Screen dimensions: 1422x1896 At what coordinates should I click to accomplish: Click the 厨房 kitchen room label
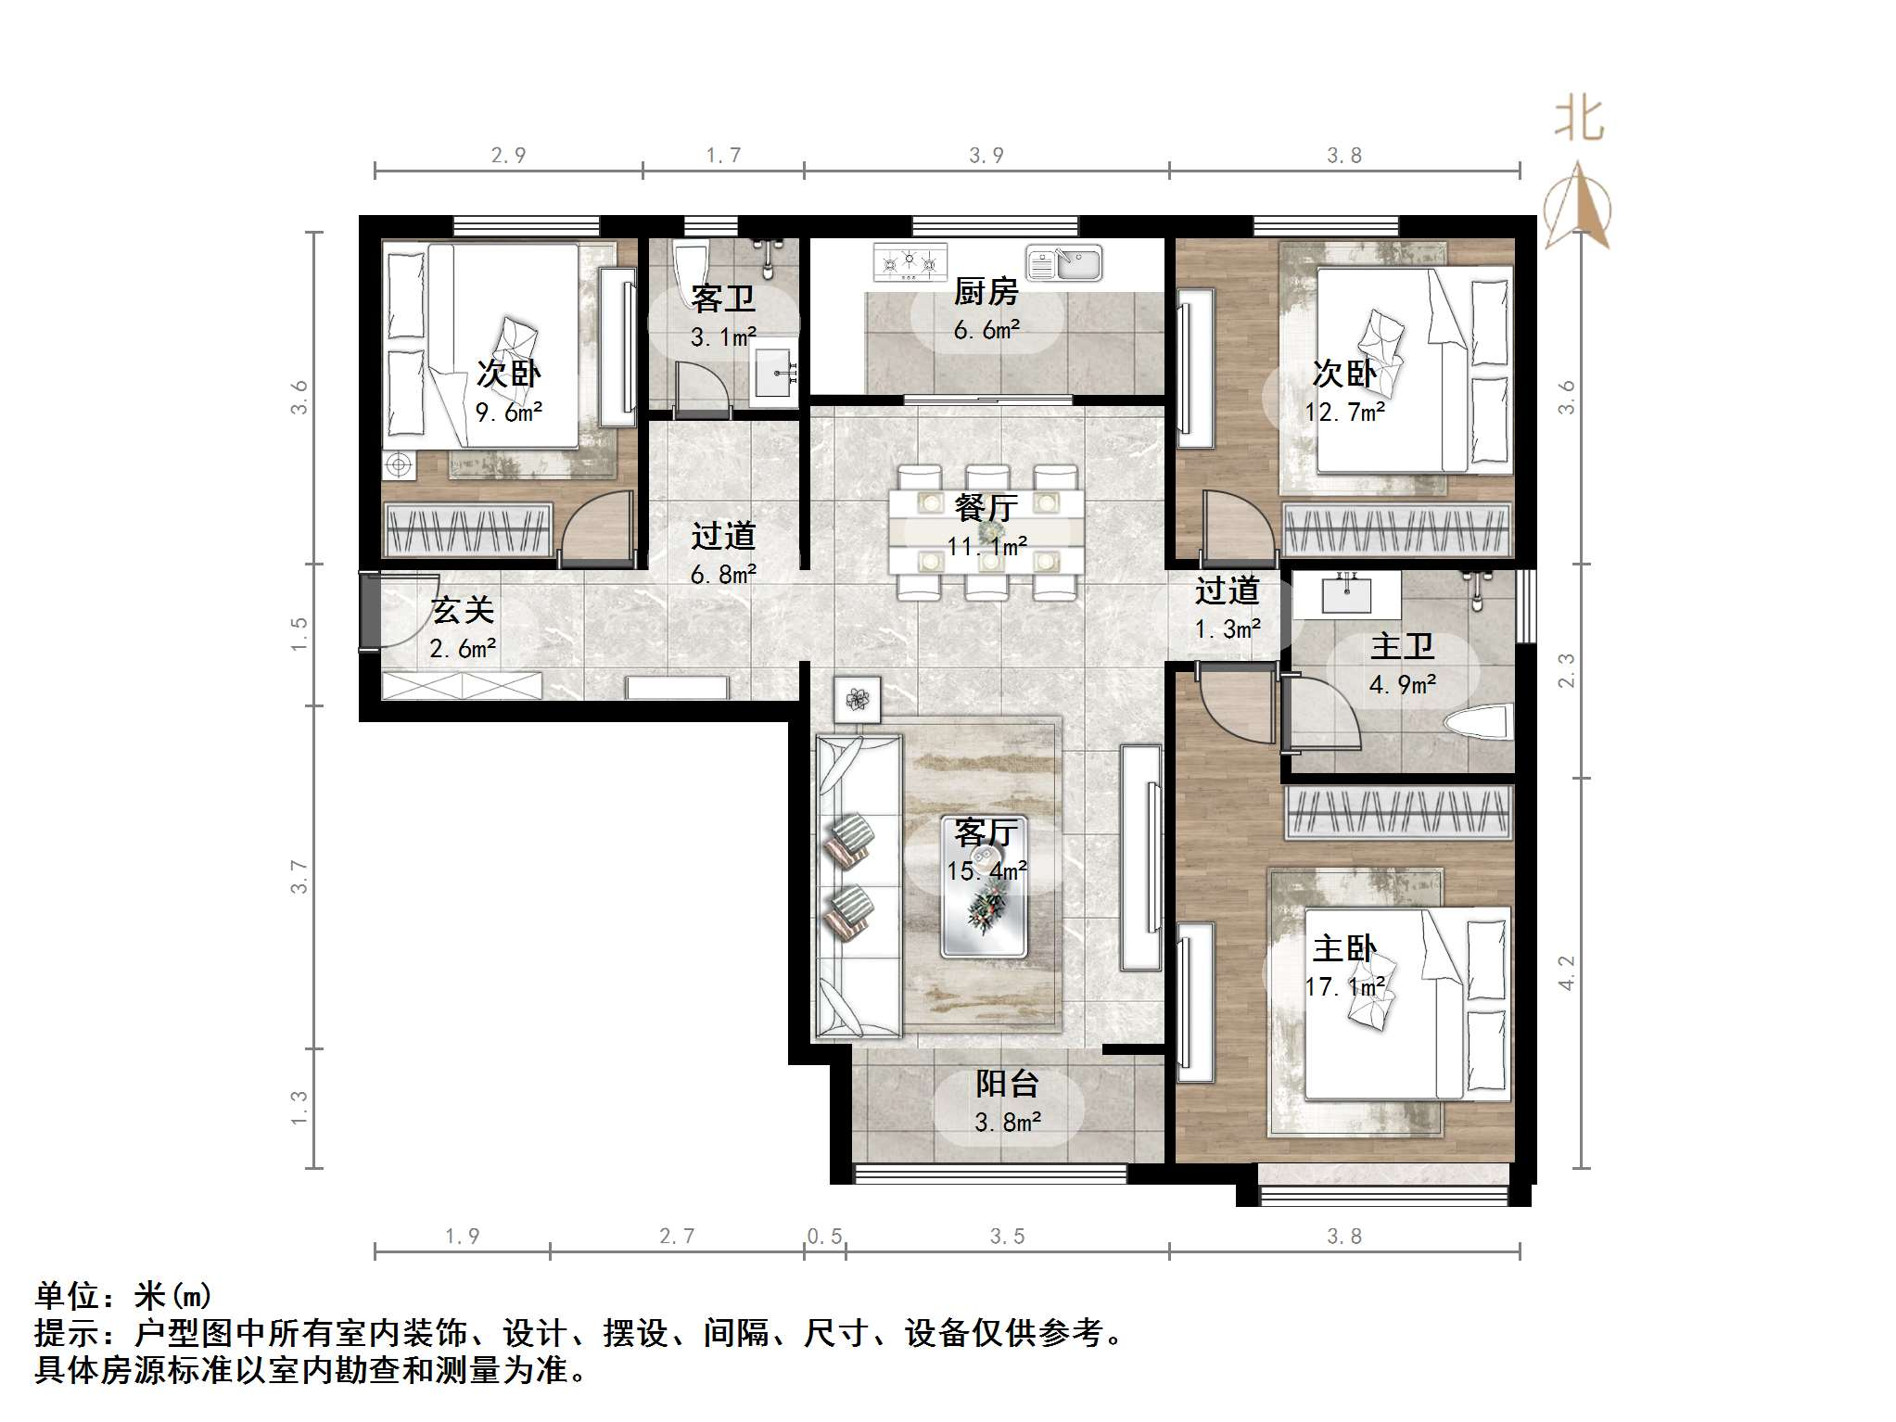[986, 292]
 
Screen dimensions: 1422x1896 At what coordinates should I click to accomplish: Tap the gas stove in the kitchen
[910, 262]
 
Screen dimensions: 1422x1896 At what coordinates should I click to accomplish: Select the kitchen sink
[1064, 263]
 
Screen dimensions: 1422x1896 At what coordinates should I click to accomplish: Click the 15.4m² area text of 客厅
[986, 871]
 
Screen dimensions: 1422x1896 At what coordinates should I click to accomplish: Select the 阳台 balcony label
[1007, 1083]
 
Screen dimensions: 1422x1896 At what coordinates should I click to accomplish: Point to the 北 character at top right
[1579, 121]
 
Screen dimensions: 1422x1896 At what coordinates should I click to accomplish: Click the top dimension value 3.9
[986, 156]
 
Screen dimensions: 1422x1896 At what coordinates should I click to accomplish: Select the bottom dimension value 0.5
[824, 1236]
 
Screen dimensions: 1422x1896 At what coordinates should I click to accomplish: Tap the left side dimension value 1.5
[299, 634]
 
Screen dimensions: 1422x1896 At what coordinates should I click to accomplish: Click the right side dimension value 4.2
[1566, 972]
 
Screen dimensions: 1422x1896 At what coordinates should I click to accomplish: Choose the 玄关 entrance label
[463, 610]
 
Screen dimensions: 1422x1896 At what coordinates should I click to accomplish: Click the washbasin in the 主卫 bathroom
[1346, 594]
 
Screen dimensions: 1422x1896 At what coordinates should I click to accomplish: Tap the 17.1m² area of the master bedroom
[1344, 987]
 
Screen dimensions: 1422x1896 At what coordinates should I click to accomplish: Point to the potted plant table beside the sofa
[857, 699]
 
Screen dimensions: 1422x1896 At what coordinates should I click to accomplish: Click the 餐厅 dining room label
[986, 507]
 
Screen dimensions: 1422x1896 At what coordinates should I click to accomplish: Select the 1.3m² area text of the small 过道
[1227, 629]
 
